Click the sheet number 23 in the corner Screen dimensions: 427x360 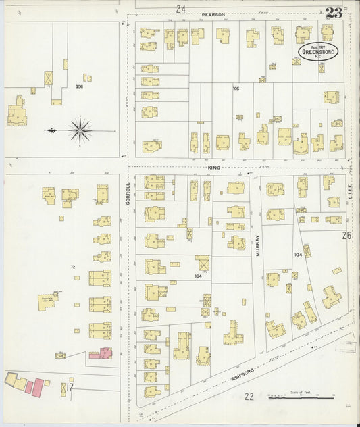[x=332, y=12]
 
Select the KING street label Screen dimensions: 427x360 [x=214, y=167]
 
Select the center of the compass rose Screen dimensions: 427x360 [x=80, y=129]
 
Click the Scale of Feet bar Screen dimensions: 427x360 [x=301, y=399]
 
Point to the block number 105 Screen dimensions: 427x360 [x=236, y=89]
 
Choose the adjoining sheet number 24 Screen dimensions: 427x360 [x=180, y=9]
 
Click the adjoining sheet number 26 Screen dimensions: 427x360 [x=346, y=236]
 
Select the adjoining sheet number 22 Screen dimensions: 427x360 [x=249, y=397]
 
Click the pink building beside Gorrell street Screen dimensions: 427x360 [x=105, y=353]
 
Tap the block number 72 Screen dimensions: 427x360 [x=73, y=268]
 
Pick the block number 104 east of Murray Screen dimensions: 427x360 [x=298, y=255]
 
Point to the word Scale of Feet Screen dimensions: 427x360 [x=301, y=393]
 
